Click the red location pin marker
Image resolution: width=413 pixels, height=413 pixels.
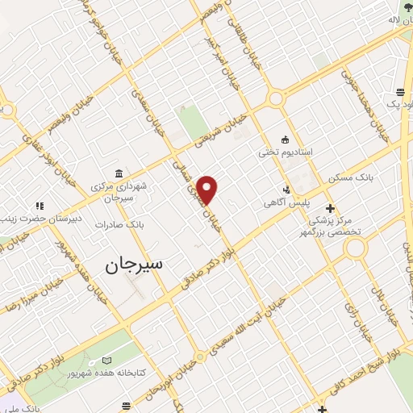(x=208, y=190)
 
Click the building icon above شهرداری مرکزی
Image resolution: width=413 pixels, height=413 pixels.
(x=119, y=174)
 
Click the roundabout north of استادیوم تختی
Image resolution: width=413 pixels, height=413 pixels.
(x=276, y=99)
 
